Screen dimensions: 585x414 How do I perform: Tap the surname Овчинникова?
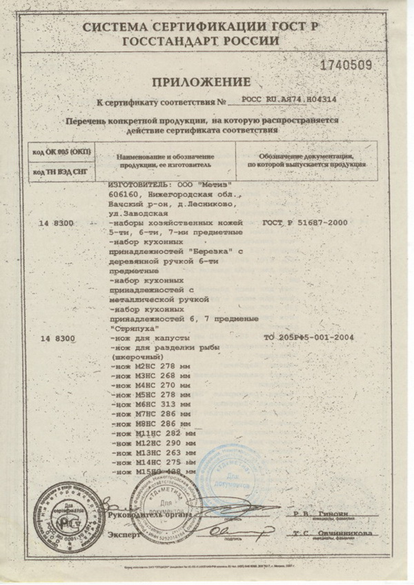(344, 533)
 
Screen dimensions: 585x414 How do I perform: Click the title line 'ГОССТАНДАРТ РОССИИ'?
(201, 41)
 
